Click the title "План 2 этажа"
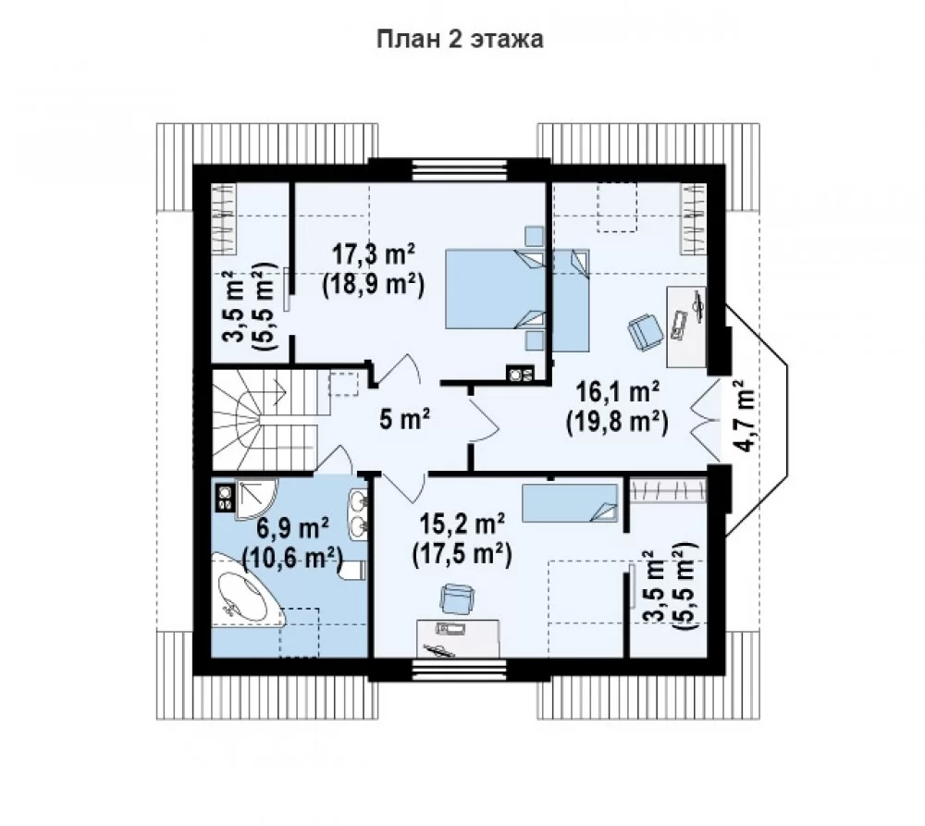point(460,40)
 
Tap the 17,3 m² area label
point(374,255)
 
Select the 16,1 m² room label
point(617,392)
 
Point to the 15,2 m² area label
point(462,524)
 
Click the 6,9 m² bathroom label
point(292,527)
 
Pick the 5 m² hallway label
point(405,420)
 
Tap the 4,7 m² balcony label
point(746,416)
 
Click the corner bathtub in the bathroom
point(248,587)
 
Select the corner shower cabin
point(256,499)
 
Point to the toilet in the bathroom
point(352,571)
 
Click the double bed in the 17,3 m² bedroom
point(495,290)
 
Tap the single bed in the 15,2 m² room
point(570,503)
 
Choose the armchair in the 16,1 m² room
point(646,330)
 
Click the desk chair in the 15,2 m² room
point(457,598)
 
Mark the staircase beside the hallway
point(265,421)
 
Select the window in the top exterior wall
point(460,170)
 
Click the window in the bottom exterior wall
point(460,671)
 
